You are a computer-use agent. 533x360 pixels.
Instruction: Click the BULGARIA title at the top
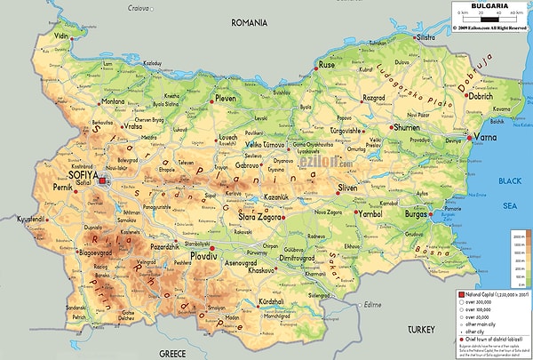490,5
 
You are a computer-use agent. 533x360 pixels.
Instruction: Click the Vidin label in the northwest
61,36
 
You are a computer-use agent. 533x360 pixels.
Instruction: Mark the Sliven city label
352,189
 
